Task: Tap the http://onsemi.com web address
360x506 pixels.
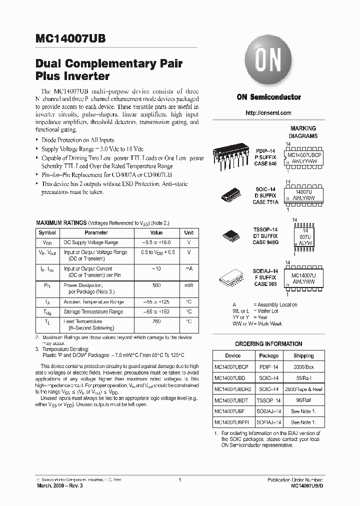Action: click(268, 113)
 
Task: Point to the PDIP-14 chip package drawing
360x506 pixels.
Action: click(231, 155)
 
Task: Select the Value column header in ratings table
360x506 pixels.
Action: click(156, 232)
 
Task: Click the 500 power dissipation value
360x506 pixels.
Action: click(156, 285)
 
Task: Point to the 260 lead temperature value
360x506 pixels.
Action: click(156, 321)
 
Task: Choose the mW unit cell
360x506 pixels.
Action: click(189, 285)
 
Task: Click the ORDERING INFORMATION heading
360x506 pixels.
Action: click(268, 344)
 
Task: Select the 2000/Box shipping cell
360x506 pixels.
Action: click(303, 366)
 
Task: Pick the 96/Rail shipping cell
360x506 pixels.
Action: click(303, 400)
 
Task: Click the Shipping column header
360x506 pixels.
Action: click(303, 355)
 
